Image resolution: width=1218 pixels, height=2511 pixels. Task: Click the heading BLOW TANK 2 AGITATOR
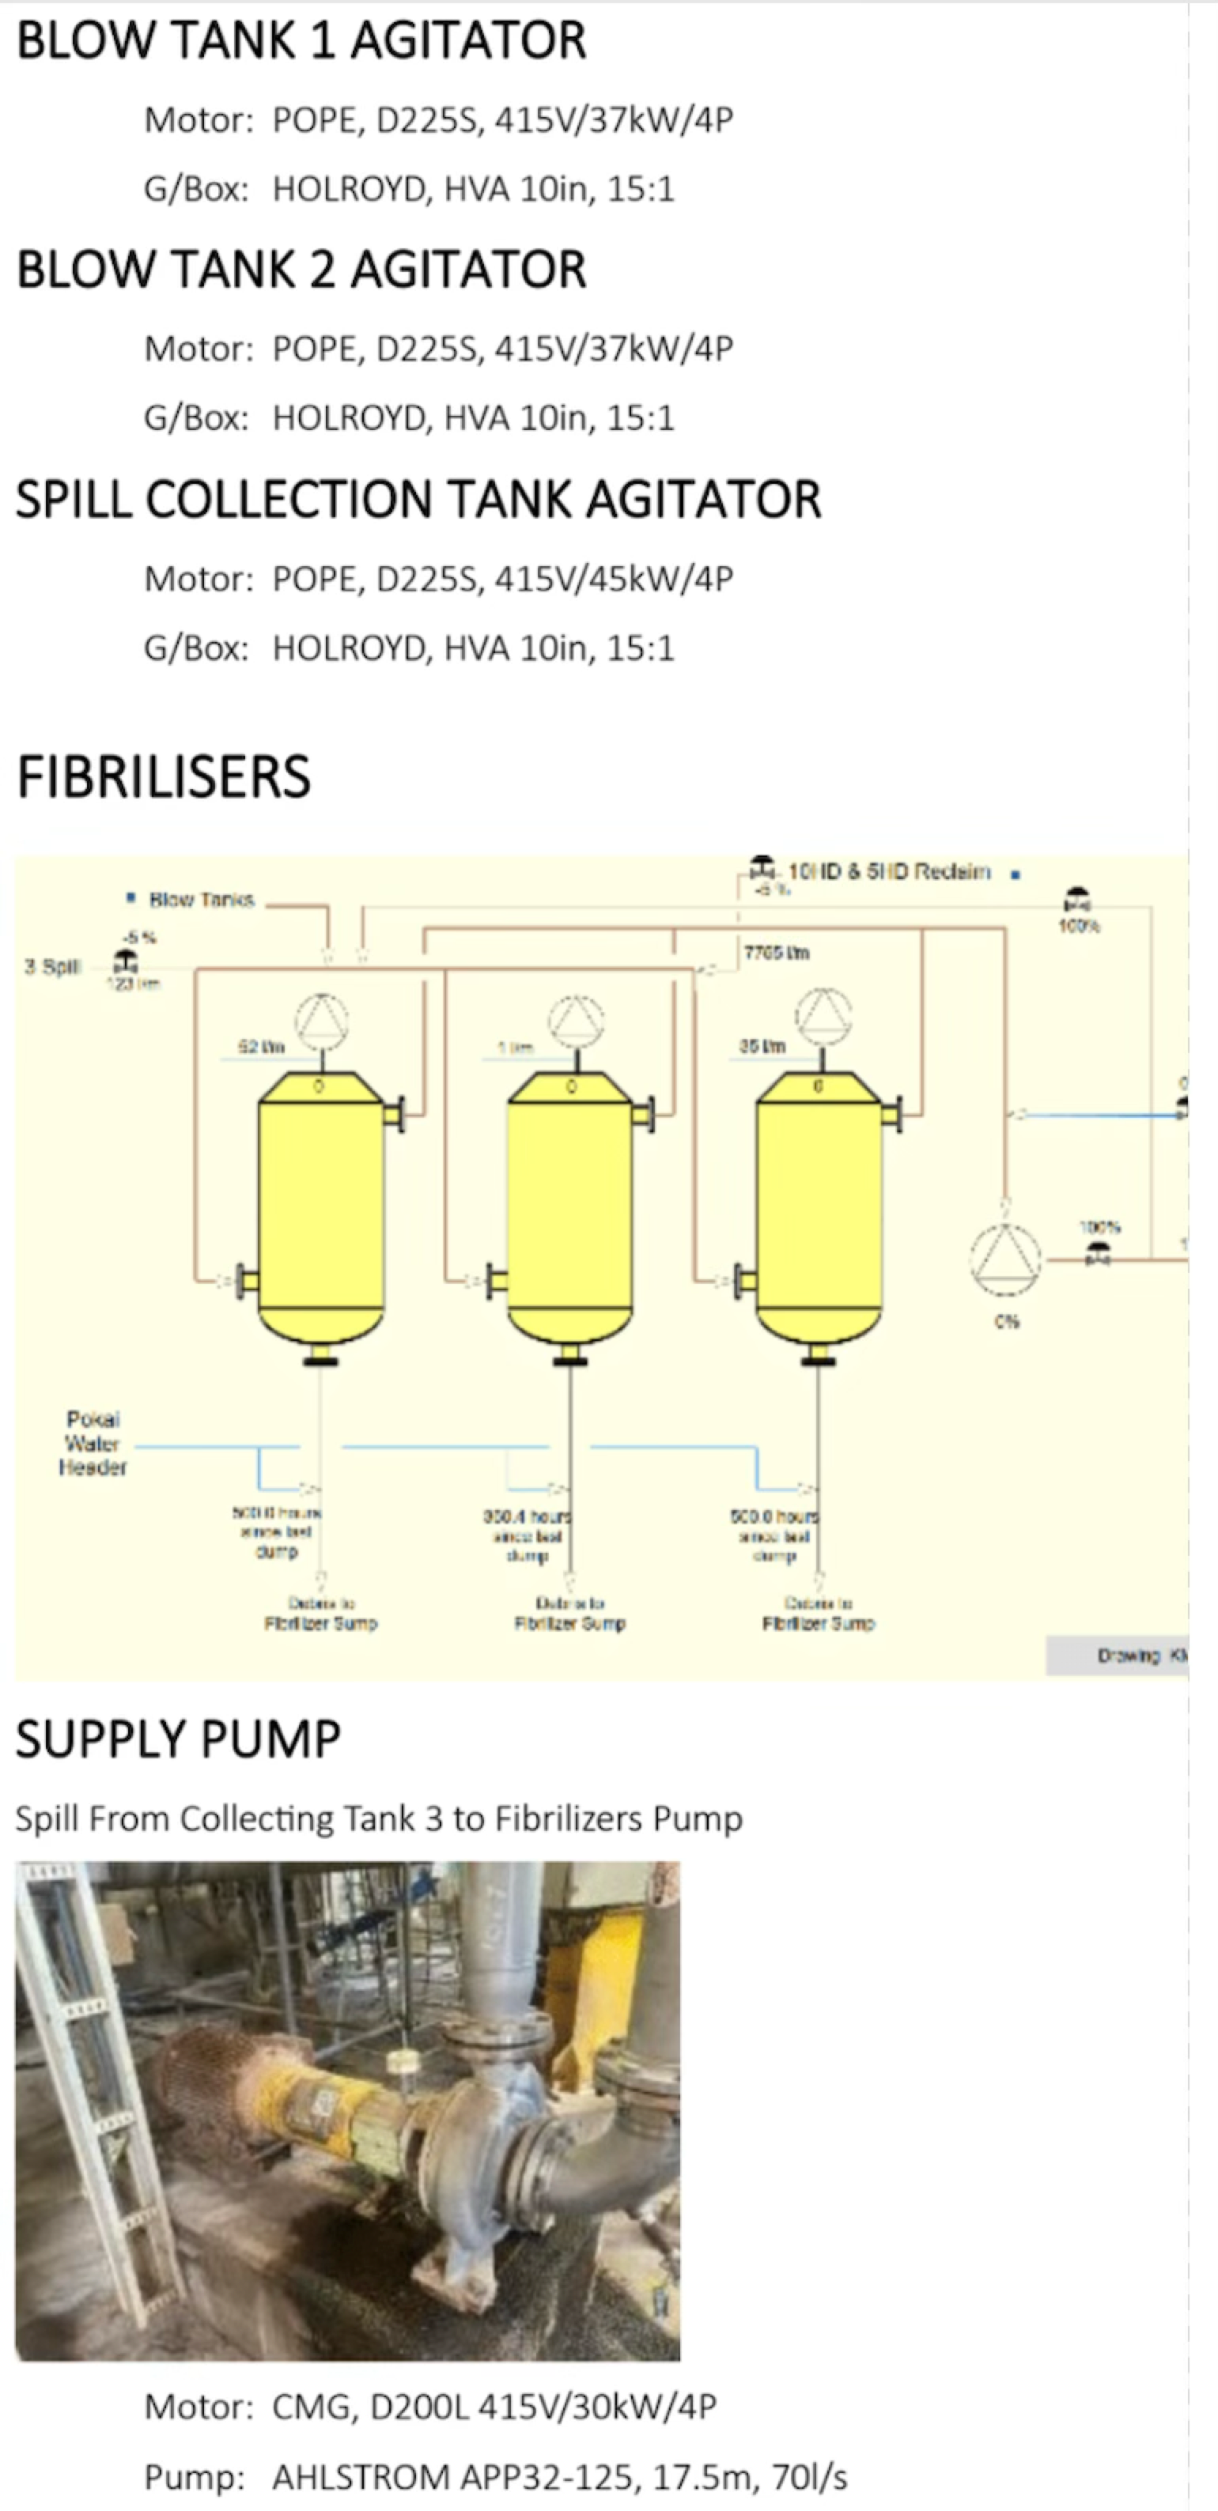point(301,270)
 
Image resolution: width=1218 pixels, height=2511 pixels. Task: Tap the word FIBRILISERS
point(164,778)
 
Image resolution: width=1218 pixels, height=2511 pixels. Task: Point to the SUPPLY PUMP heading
point(179,1740)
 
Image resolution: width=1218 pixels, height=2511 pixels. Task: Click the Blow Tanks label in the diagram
point(201,899)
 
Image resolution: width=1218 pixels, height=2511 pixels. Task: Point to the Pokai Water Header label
point(93,1443)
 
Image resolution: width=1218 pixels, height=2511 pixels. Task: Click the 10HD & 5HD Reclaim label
point(888,871)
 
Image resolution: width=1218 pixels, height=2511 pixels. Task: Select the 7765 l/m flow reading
point(776,953)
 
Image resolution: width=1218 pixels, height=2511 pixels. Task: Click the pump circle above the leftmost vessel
point(322,1021)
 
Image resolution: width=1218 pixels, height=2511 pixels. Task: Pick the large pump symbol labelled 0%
point(1005,1259)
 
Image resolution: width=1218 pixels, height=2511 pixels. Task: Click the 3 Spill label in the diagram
point(51,967)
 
